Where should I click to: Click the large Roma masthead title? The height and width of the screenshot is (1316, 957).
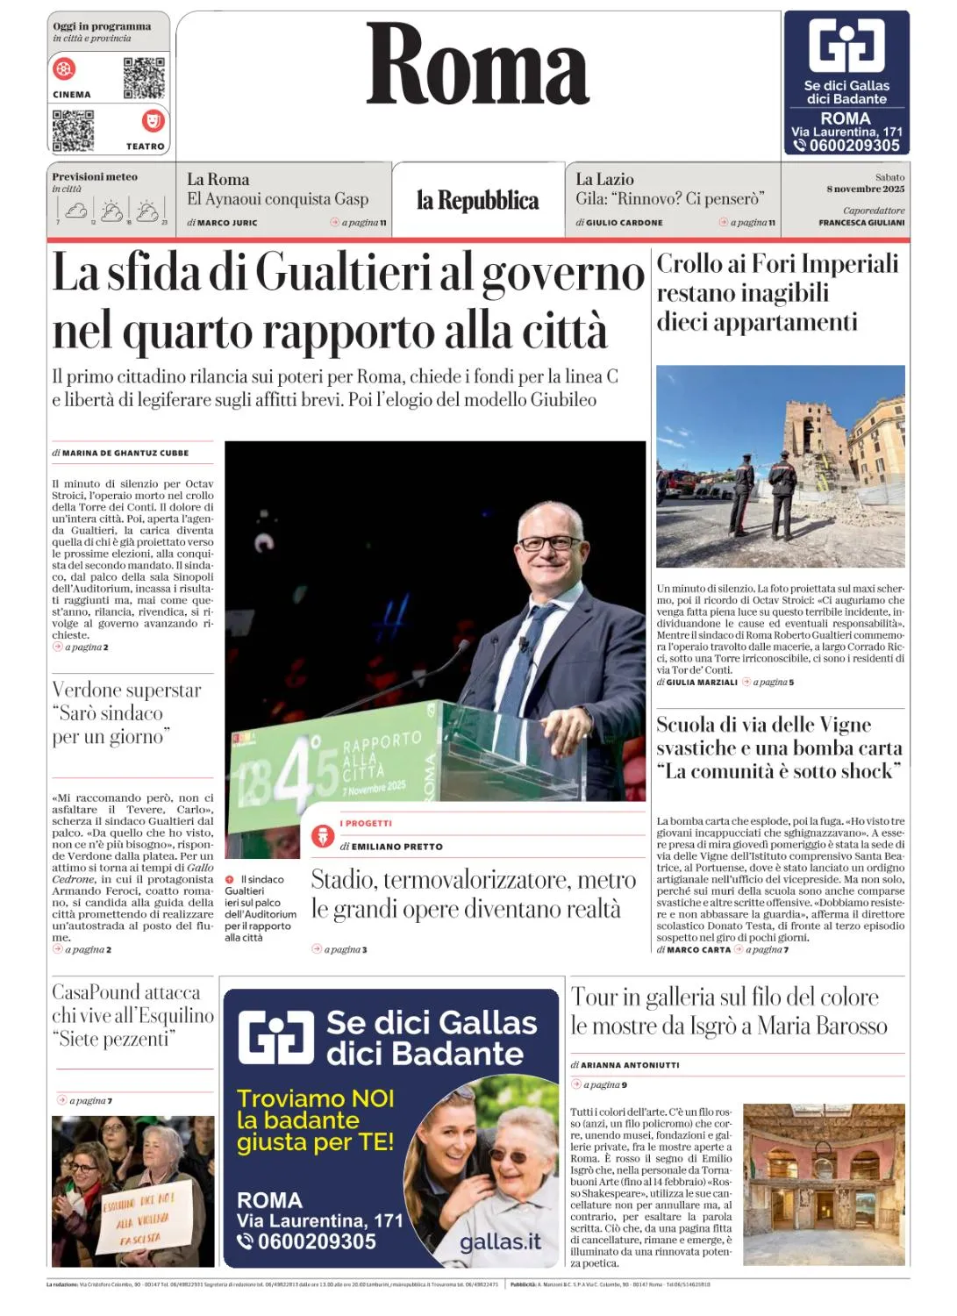click(477, 65)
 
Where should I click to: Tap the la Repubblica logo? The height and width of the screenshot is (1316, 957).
click(477, 201)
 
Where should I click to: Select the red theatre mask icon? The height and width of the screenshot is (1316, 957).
click(153, 120)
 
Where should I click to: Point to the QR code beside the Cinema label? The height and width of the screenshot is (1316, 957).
click(144, 77)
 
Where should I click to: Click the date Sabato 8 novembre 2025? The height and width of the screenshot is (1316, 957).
click(866, 183)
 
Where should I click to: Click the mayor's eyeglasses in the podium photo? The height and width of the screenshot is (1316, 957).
click(545, 543)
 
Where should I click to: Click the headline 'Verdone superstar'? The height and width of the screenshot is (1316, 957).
click(126, 690)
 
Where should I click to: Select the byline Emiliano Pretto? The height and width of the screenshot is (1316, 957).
click(396, 847)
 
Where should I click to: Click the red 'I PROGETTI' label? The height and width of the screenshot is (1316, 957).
click(366, 824)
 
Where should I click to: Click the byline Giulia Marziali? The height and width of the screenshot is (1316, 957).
click(702, 682)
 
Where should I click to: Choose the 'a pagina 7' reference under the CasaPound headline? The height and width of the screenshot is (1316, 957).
click(90, 1100)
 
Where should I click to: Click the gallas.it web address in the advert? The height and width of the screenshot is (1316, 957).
click(500, 1241)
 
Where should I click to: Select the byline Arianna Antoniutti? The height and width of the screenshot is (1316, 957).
click(630, 1065)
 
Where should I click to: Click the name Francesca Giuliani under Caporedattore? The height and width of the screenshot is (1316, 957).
click(861, 223)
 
